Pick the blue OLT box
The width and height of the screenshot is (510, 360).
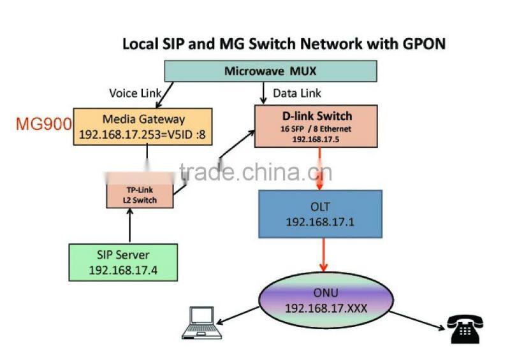(x=320, y=213)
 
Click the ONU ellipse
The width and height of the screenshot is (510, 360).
(x=323, y=300)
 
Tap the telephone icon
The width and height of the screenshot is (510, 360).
(x=463, y=328)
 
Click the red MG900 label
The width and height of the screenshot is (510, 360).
(x=43, y=123)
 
